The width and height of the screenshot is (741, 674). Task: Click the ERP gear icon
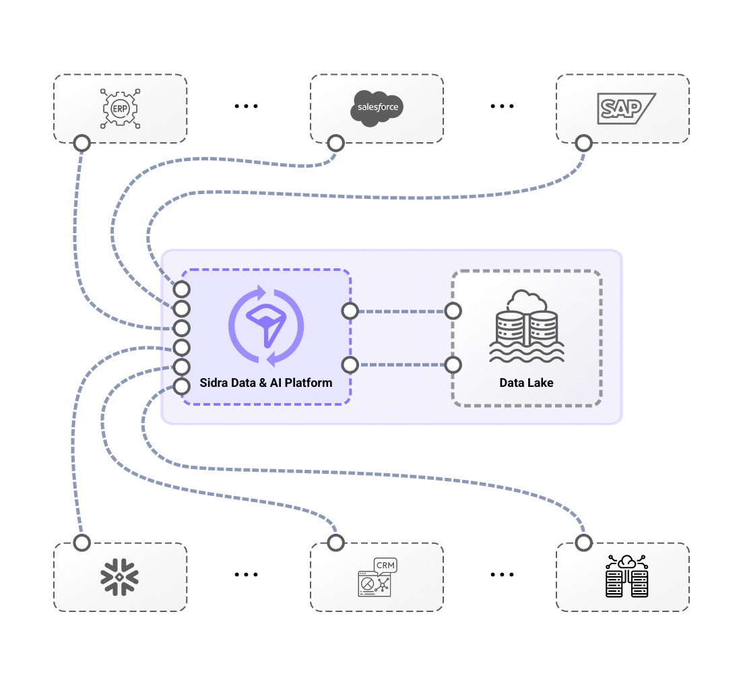click(x=120, y=108)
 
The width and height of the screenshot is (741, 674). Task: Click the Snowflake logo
click(x=120, y=576)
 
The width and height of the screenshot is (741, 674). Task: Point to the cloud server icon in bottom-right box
click(x=626, y=576)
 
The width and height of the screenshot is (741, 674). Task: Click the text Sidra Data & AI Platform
click(x=266, y=383)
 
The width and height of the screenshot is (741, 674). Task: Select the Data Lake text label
click(x=526, y=383)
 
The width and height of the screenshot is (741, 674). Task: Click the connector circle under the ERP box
click(x=82, y=143)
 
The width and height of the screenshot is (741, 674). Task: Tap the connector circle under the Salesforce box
click(x=335, y=143)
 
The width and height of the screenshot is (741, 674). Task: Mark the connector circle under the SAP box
click(x=583, y=143)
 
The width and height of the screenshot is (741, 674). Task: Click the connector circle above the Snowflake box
click(x=82, y=543)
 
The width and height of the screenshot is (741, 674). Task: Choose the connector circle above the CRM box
click(x=335, y=543)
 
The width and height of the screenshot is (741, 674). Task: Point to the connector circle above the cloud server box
click(x=583, y=543)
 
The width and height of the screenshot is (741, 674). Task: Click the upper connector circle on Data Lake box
click(x=453, y=311)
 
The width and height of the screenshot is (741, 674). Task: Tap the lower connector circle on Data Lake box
click(x=453, y=365)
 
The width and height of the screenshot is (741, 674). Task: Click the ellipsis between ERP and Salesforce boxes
click(x=247, y=106)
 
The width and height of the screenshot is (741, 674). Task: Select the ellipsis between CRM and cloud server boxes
click(x=502, y=575)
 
